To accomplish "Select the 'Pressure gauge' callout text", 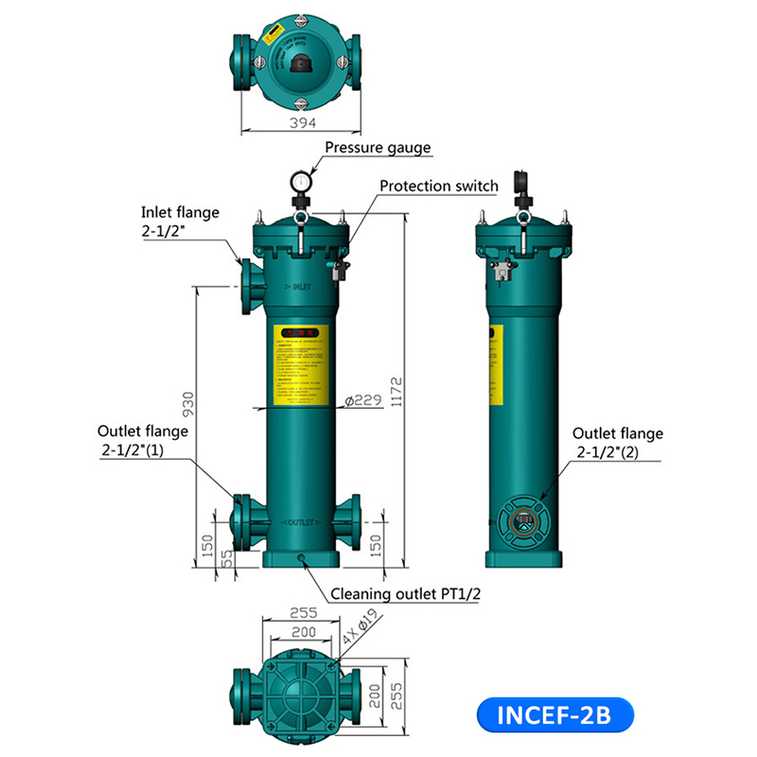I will coord(378,148).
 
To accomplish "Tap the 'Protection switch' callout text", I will coord(438,185).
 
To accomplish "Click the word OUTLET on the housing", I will coord(301,522).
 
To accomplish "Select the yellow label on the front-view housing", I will coord(301,365).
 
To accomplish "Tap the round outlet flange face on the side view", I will coord(521,519).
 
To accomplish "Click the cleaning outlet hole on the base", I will coord(302,558).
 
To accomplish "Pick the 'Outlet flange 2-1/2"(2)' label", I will coord(618,443).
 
